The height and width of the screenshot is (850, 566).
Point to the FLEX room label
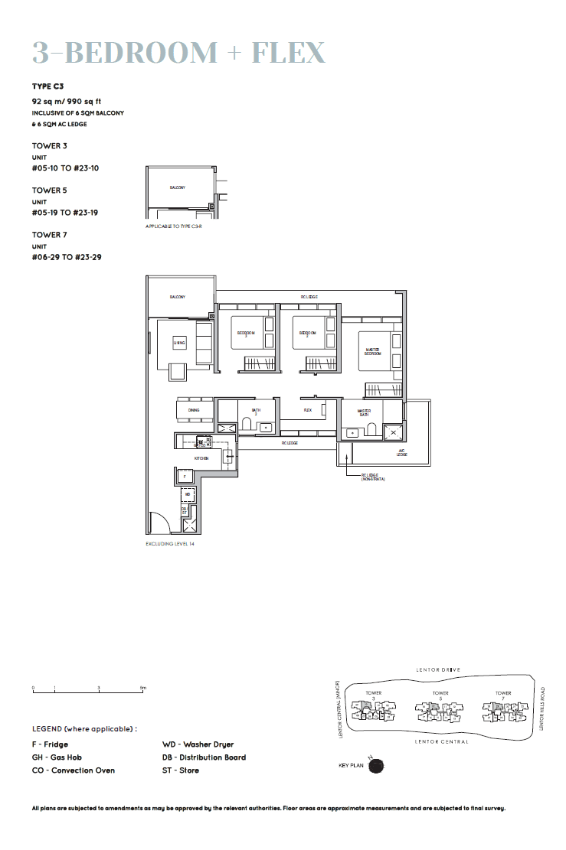[x=308, y=410]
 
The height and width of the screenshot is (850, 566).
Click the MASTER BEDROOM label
[x=372, y=351]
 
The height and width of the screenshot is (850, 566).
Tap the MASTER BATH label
[x=364, y=413]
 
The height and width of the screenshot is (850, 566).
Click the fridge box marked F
[x=185, y=477]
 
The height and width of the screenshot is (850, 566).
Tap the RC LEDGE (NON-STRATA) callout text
[x=373, y=477]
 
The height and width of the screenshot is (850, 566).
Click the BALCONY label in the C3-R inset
[x=178, y=187]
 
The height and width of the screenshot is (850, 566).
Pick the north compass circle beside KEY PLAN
[x=376, y=764]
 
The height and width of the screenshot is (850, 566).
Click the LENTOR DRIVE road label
[x=439, y=669]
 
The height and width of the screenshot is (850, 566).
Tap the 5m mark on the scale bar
[x=142, y=689]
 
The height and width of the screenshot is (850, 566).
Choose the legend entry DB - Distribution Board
[x=204, y=757]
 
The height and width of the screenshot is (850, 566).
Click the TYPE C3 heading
[x=47, y=86]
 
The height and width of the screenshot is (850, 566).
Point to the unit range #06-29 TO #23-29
[x=67, y=258]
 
